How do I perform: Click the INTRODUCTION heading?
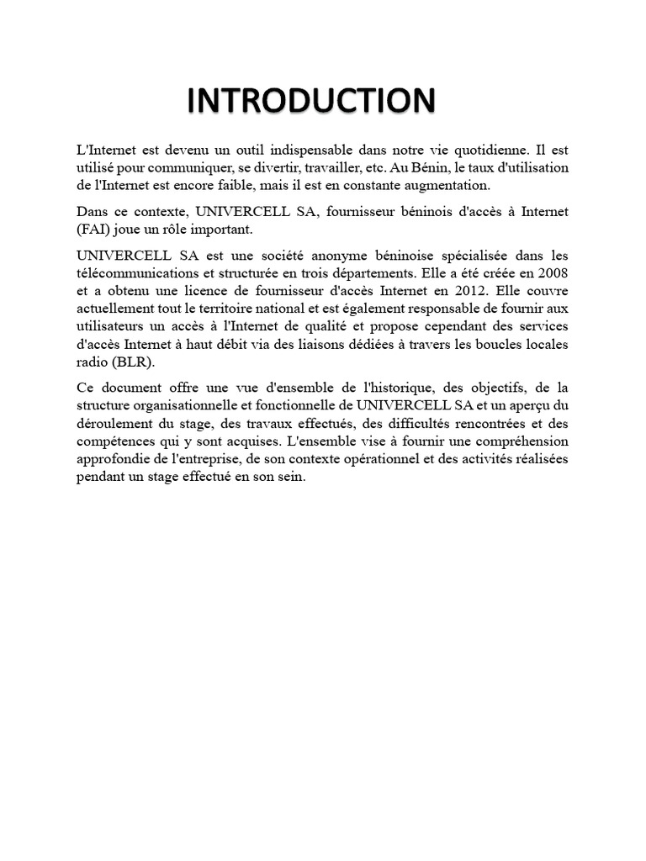pos(311,100)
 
